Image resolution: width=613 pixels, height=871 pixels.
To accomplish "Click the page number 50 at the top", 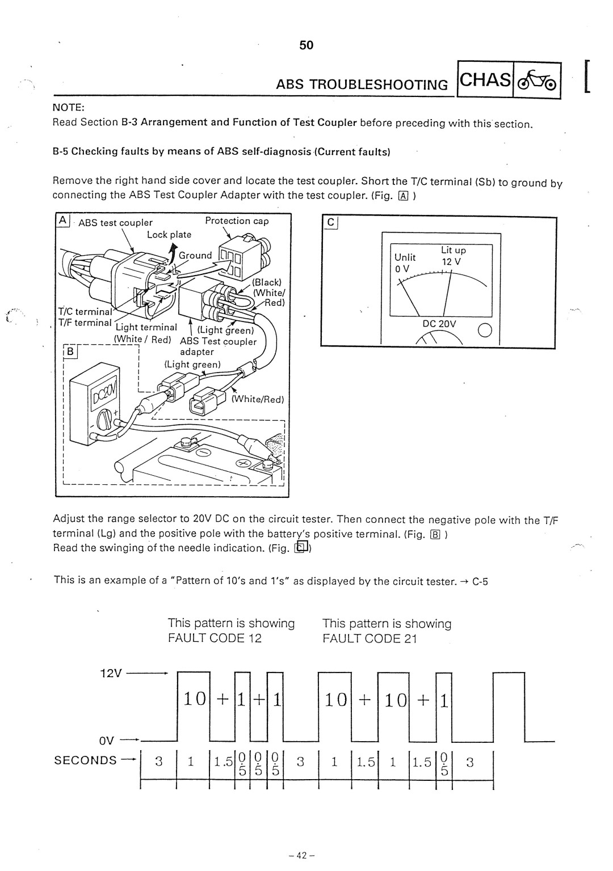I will [x=306, y=45].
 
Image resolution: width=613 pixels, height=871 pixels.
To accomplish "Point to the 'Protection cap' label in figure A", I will [x=237, y=221].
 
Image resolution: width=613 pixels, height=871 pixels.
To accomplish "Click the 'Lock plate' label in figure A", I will [x=169, y=234].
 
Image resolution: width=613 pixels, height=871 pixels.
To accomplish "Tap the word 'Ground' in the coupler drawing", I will [x=195, y=256].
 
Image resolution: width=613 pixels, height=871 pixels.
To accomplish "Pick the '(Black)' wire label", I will [x=267, y=282].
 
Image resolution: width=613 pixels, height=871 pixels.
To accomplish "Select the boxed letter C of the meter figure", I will [x=329, y=223].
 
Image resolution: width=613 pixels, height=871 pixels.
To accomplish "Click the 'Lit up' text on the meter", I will [x=454, y=250].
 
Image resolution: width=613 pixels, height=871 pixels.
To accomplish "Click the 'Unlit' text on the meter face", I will [x=405, y=257].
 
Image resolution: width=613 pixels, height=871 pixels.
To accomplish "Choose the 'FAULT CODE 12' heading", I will [x=215, y=639].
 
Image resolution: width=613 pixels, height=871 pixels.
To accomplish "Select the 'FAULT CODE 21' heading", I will [x=370, y=639].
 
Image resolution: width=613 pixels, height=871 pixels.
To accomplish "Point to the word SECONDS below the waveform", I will [x=86, y=760].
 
